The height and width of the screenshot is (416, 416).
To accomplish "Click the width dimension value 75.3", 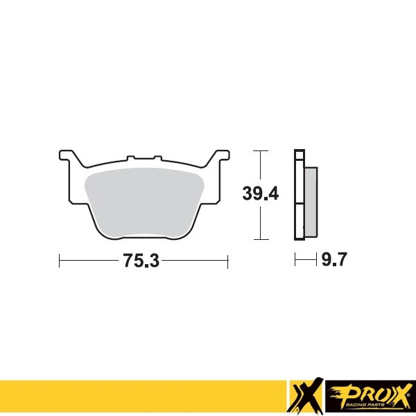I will coord(141,261).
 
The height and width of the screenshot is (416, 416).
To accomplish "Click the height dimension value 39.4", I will coord(261,195).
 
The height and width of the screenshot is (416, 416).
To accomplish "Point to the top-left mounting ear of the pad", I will coord(66,155).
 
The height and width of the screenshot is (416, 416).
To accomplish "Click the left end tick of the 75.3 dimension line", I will coord(60,261).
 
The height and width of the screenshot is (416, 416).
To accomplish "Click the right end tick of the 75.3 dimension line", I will coord(228,261).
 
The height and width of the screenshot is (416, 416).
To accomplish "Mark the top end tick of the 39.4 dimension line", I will coord(259,150).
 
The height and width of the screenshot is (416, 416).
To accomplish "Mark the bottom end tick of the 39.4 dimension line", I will coord(259,240).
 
